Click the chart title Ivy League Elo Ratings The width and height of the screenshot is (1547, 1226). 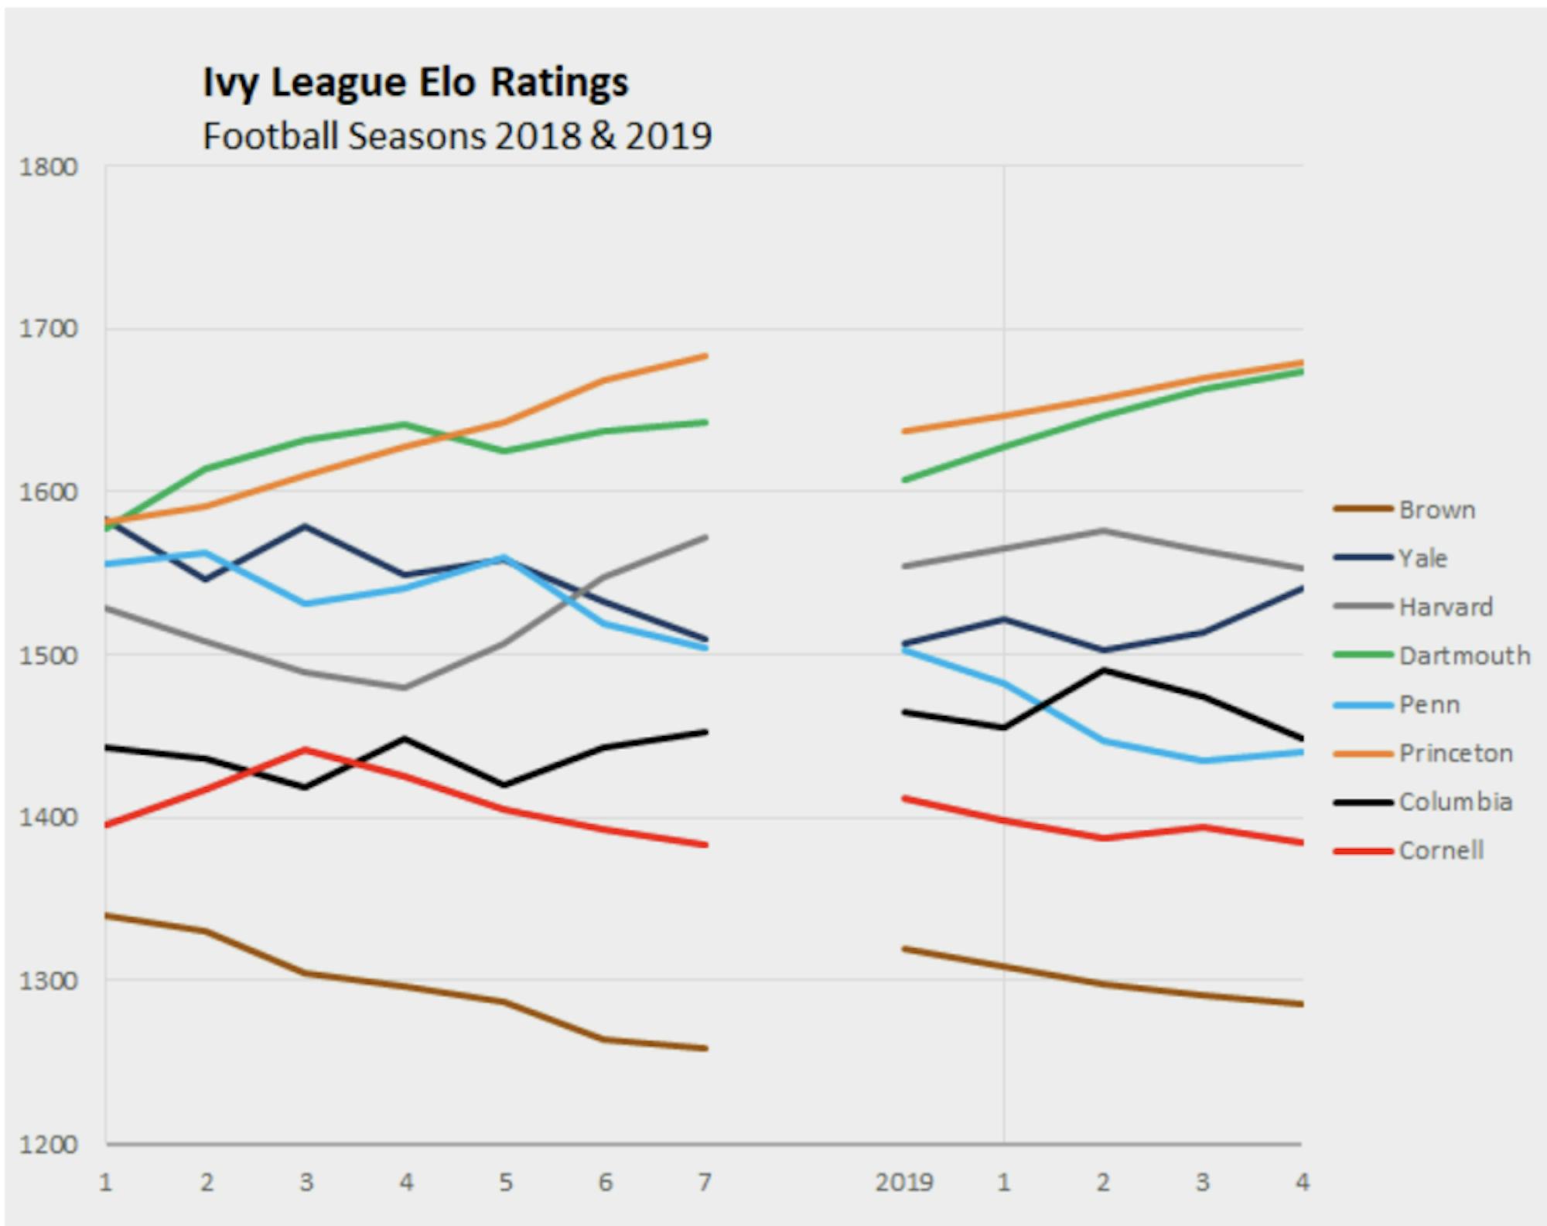[415, 82]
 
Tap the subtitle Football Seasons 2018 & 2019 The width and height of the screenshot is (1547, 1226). [456, 136]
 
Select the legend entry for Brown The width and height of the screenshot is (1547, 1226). [1436, 510]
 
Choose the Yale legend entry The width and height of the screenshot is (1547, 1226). [1422, 558]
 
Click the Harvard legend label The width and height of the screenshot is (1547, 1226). [1445, 607]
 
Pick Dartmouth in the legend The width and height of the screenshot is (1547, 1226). [1463, 656]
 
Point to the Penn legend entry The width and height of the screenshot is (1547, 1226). [1429, 704]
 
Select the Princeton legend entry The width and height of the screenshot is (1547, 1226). [1455, 753]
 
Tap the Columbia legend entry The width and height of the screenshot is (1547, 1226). [1455, 802]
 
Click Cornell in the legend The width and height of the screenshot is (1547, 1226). [1440, 851]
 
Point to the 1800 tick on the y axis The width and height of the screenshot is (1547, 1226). [49, 167]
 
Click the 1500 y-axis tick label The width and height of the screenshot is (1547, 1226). [49, 655]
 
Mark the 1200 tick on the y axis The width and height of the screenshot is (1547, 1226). [49, 1144]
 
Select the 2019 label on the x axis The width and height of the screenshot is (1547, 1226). [903, 1183]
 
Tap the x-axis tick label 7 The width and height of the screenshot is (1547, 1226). [705, 1183]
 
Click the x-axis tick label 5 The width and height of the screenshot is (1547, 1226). [505, 1183]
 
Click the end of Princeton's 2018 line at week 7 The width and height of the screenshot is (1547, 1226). [705, 356]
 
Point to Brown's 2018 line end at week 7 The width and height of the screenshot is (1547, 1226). [705, 1049]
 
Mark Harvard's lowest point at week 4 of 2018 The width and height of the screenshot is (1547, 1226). [405, 687]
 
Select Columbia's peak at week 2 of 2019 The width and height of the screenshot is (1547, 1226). [1103, 670]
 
